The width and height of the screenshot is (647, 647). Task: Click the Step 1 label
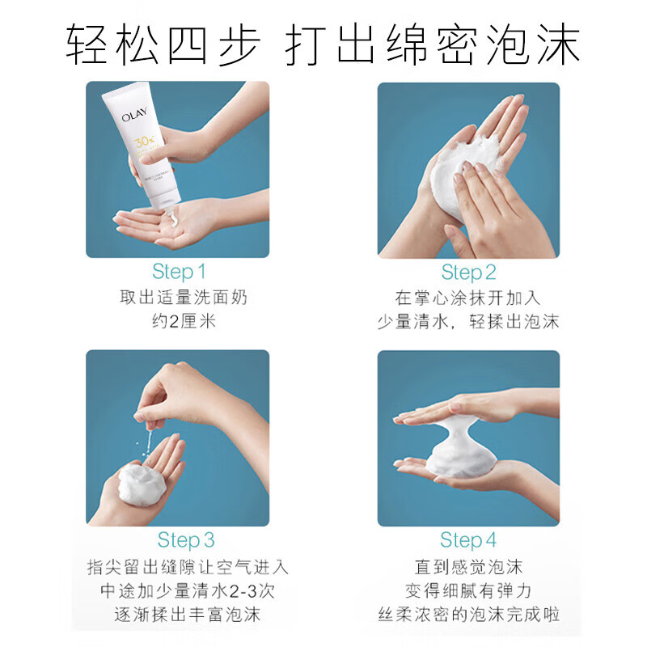(x=179, y=271)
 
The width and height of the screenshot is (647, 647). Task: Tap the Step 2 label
(x=468, y=272)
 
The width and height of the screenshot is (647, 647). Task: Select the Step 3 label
(x=186, y=539)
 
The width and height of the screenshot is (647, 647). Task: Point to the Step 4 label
(x=468, y=539)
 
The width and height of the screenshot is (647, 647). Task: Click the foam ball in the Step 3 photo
(x=139, y=483)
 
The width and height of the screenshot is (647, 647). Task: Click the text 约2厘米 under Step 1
(x=179, y=322)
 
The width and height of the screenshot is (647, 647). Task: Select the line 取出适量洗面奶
(x=179, y=297)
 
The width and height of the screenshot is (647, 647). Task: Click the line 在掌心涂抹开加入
(x=468, y=297)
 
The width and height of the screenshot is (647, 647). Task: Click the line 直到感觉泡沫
(x=468, y=567)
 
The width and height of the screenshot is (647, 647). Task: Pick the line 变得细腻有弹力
(x=468, y=591)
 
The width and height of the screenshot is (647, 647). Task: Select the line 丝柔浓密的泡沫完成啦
(x=468, y=615)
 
